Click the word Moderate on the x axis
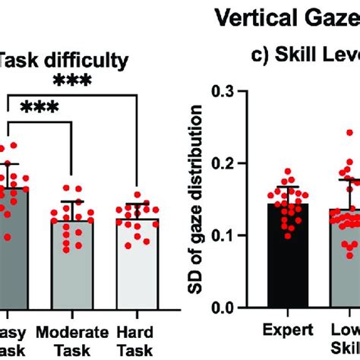[72, 331]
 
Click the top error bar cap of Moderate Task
[72, 201]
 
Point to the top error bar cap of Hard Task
[138, 203]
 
